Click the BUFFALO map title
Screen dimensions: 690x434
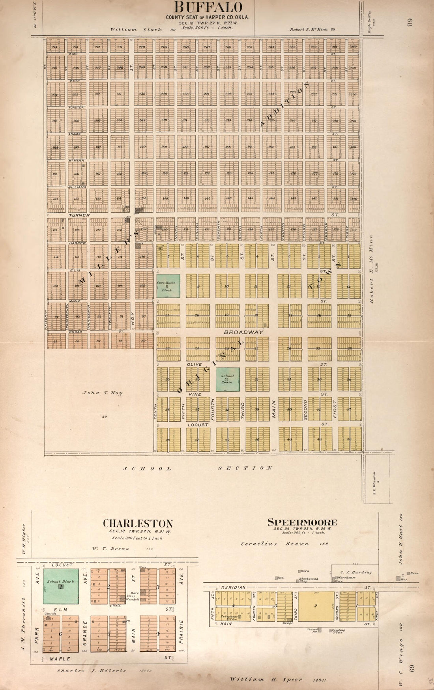[208, 7]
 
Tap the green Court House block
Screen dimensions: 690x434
[168, 286]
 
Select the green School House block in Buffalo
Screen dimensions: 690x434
[227, 379]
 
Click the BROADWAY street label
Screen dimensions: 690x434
[243, 332]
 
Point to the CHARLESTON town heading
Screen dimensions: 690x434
[138, 524]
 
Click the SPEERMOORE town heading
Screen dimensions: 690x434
[302, 522]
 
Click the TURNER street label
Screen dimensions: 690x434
[79, 215]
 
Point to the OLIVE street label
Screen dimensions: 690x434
[194, 365]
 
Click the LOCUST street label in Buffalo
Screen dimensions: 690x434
[198, 424]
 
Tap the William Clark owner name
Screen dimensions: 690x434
[123, 30]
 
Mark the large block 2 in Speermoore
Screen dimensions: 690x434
[316, 606]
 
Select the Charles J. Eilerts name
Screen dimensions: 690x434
[92, 670]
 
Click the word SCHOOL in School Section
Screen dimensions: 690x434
[148, 468]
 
